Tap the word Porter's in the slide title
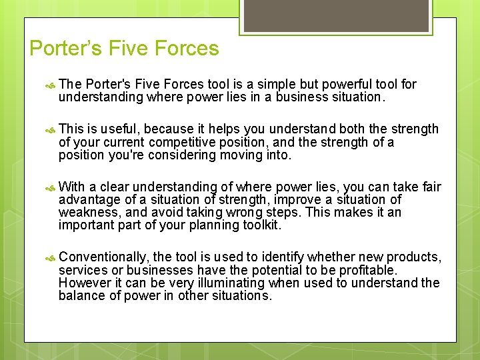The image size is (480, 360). [x=65, y=49]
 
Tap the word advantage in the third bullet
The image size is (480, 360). [x=88, y=199]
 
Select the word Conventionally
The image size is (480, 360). [x=104, y=257]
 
